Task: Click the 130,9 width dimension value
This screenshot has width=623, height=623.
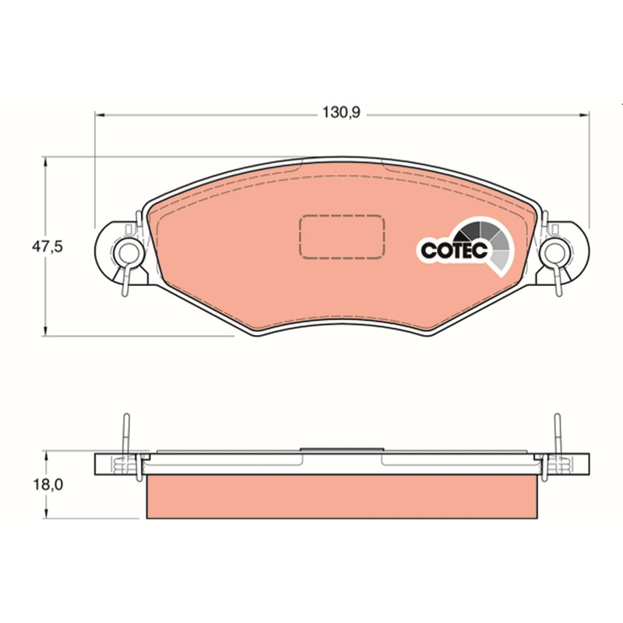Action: [x=340, y=112]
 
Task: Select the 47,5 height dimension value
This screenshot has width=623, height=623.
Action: [x=48, y=247]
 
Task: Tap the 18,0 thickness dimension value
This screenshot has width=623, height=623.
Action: [x=48, y=484]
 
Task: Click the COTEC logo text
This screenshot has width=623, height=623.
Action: [x=454, y=250]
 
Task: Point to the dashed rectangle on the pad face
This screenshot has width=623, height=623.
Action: [x=342, y=237]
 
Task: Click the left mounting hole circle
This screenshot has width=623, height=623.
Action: [x=128, y=252]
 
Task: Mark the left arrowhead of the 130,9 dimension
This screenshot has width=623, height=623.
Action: [x=100, y=115]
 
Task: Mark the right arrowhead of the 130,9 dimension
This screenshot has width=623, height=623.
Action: [x=585, y=115]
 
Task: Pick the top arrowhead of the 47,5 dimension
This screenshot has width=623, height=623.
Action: [x=46, y=162]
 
